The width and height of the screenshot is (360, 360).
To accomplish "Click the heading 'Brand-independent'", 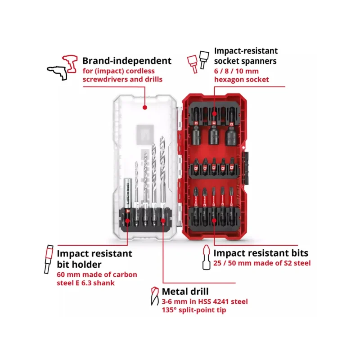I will [126, 61].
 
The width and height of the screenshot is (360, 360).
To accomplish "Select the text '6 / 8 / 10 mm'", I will [236, 71].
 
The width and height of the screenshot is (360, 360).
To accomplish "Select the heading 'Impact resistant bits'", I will [261, 253].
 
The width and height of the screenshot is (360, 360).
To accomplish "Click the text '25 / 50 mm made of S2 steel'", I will [262, 263].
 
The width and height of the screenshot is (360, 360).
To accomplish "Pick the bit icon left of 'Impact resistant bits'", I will [206, 258].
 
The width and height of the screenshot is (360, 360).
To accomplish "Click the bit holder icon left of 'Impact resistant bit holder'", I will [48, 260].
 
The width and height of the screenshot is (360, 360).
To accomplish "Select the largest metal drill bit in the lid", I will [163, 171].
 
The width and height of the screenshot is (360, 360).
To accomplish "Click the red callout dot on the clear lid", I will [144, 108].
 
